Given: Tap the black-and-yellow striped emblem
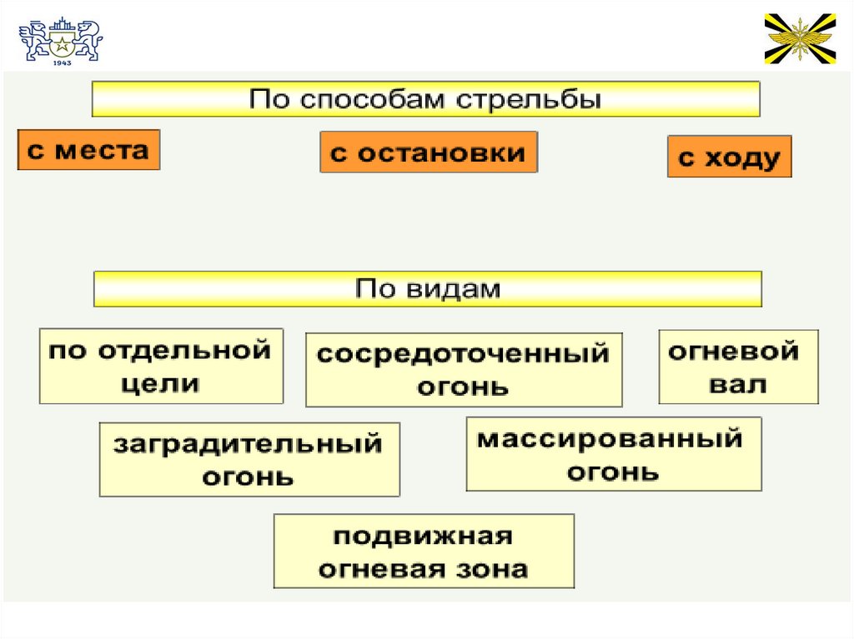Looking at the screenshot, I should pos(800,38).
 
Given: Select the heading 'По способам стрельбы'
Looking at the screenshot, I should pos(425,99).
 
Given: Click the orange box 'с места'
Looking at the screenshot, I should pos(88,150).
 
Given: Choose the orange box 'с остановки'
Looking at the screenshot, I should pos(428,152).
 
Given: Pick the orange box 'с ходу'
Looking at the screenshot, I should pos(729,157).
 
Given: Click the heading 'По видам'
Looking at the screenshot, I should pos(427,288).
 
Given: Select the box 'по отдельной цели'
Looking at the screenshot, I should pos(161,367).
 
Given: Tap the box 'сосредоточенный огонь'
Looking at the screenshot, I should pos(464,370).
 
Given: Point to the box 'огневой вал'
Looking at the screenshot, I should pos(738,367).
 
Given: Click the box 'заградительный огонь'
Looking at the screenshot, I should pos(249,460).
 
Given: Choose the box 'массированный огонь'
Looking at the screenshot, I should pos(613,454).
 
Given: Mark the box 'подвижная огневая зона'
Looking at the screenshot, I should pos(424,552).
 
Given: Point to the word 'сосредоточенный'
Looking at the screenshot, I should pos(464,354).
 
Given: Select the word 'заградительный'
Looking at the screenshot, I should pos(249,444).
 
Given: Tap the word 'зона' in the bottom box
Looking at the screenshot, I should pos(495,569).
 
